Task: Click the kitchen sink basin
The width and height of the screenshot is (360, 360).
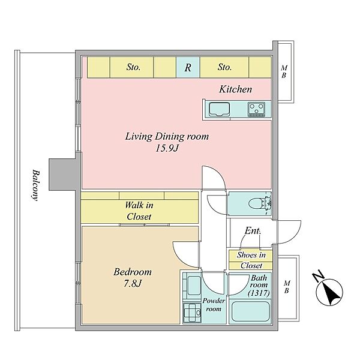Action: click(x=219, y=109)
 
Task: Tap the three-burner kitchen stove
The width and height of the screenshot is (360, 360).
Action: click(x=256, y=109)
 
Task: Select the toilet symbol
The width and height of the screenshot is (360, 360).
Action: click(x=260, y=203)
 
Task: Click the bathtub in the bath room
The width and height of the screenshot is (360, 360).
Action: click(x=250, y=311)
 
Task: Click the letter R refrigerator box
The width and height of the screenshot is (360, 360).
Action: click(x=188, y=67)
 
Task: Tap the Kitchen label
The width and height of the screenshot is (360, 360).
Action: click(x=236, y=89)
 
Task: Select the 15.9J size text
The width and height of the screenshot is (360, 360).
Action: click(x=167, y=148)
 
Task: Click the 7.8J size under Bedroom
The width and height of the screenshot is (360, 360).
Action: click(x=133, y=284)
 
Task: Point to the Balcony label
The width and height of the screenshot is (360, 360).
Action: click(x=35, y=185)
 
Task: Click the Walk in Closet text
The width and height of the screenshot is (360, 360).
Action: click(x=139, y=211)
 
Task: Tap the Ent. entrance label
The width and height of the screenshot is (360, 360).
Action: click(x=253, y=231)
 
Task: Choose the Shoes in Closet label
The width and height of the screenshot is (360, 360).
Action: click(x=251, y=260)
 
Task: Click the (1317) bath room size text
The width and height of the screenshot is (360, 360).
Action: click(x=259, y=293)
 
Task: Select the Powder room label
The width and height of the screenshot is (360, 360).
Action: click(x=214, y=305)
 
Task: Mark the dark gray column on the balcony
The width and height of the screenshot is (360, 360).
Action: click(x=62, y=175)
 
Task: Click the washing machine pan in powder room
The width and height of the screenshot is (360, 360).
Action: click(x=192, y=313)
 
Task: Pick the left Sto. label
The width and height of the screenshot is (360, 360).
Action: click(x=133, y=67)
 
